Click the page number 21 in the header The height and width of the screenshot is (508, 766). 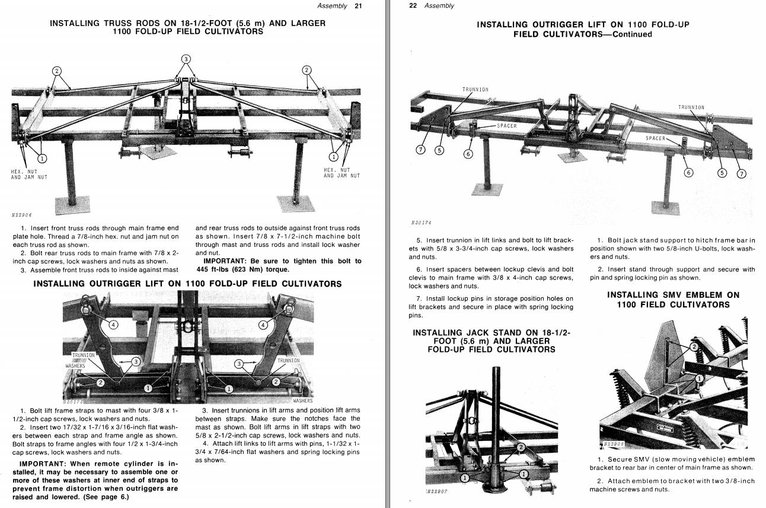(x=358, y=6)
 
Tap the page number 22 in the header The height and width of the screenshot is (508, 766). (x=414, y=6)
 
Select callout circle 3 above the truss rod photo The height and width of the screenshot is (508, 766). (x=186, y=59)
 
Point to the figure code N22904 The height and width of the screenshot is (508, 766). (x=21, y=215)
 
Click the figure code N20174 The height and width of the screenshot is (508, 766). (x=421, y=223)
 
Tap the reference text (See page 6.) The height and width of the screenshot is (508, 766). (x=107, y=497)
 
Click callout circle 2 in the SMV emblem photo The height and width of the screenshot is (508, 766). (x=694, y=347)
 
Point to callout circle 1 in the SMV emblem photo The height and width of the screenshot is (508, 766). (x=699, y=378)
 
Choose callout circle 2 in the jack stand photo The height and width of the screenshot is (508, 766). (x=521, y=447)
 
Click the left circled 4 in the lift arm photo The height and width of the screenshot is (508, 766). (x=113, y=324)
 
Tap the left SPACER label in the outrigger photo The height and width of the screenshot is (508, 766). (x=507, y=126)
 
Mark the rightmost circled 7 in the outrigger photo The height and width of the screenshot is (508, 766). (x=741, y=173)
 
